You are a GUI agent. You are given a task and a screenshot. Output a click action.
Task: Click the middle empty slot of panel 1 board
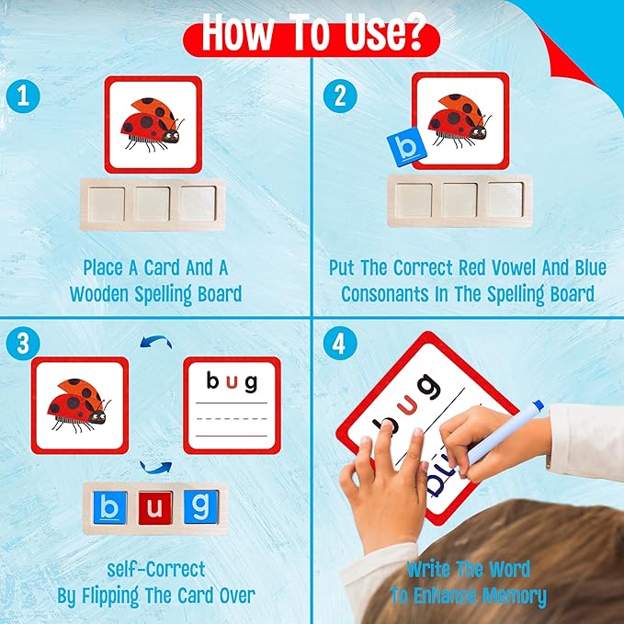(153, 203)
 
